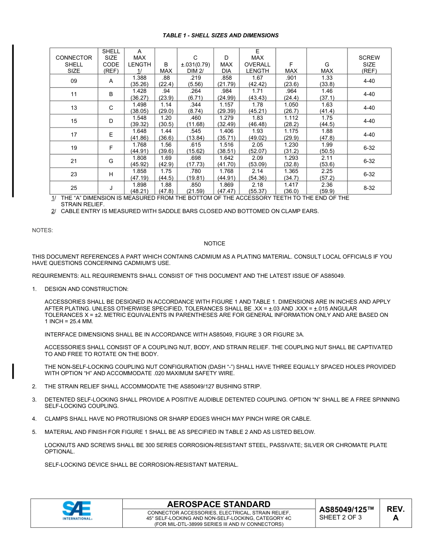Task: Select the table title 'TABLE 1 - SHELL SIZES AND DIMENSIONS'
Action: [221, 36]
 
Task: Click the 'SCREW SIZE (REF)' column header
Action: [369, 64]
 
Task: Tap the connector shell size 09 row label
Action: [74, 81]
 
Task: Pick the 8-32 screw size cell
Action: [369, 188]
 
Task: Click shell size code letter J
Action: [111, 188]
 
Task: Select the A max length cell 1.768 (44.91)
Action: [139, 148]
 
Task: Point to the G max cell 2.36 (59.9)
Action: [327, 188]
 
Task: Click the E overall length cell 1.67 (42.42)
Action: [257, 81]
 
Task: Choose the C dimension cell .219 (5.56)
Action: [195, 81]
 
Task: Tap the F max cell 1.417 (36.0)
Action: [291, 188]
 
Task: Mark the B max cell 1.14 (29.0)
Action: [166, 108]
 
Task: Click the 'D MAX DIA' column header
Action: [226, 64]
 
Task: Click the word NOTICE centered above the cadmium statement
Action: [215, 244]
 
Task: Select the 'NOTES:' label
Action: [42, 230]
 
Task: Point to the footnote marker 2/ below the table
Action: [53, 211]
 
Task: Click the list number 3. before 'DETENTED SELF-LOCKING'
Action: [34, 400]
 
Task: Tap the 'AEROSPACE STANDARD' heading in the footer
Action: [219, 504]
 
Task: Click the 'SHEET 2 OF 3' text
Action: [340, 518]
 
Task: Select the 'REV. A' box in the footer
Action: [395, 514]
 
